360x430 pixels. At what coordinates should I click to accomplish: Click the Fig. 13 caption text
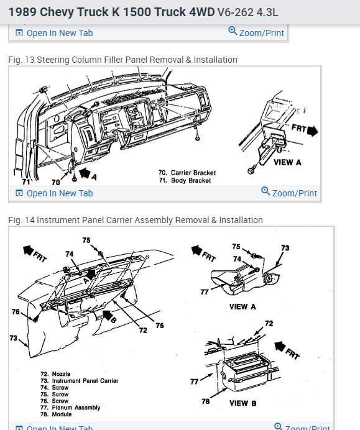pyautogui.click(x=122, y=60)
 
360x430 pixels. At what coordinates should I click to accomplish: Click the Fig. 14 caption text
pyautogui.click(x=136, y=220)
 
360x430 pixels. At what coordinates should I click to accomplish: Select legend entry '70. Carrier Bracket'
pyautogui.click(x=187, y=173)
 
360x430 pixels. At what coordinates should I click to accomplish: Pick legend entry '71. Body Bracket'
pyautogui.click(x=185, y=180)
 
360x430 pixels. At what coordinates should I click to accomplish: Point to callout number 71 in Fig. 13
pyautogui.click(x=26, y=182)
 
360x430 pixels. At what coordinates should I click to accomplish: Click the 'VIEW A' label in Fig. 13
pyautogui.click(x=287, y=162)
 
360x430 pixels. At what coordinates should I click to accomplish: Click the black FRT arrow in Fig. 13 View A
pyautogui.click(x=313, y=131)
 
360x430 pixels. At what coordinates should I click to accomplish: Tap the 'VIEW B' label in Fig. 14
pyautogui.click(x=243, y=403)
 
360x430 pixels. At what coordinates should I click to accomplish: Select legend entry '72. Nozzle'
pyautogui.click(x=55, y=374)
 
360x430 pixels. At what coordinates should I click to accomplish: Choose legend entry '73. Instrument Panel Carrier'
pyautogui.click(x=80, y=381)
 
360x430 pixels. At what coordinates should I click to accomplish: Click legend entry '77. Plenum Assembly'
pyautogui.click(x=70, y=408)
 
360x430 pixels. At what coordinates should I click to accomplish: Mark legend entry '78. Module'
pyautogui.click(x=56, y=414)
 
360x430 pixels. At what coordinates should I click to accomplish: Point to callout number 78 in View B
pyautogui.click(x=206, y=401)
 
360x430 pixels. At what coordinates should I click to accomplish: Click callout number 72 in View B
pyautogui.click(x=269, y=324)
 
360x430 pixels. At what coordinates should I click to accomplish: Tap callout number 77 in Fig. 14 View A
pyautogui.click(x=205, y=292)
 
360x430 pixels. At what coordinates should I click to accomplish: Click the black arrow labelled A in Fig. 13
pyautogui.click(x=85, y=173)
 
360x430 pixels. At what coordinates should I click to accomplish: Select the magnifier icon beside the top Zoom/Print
pyautogui.click(x=233, y=30)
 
